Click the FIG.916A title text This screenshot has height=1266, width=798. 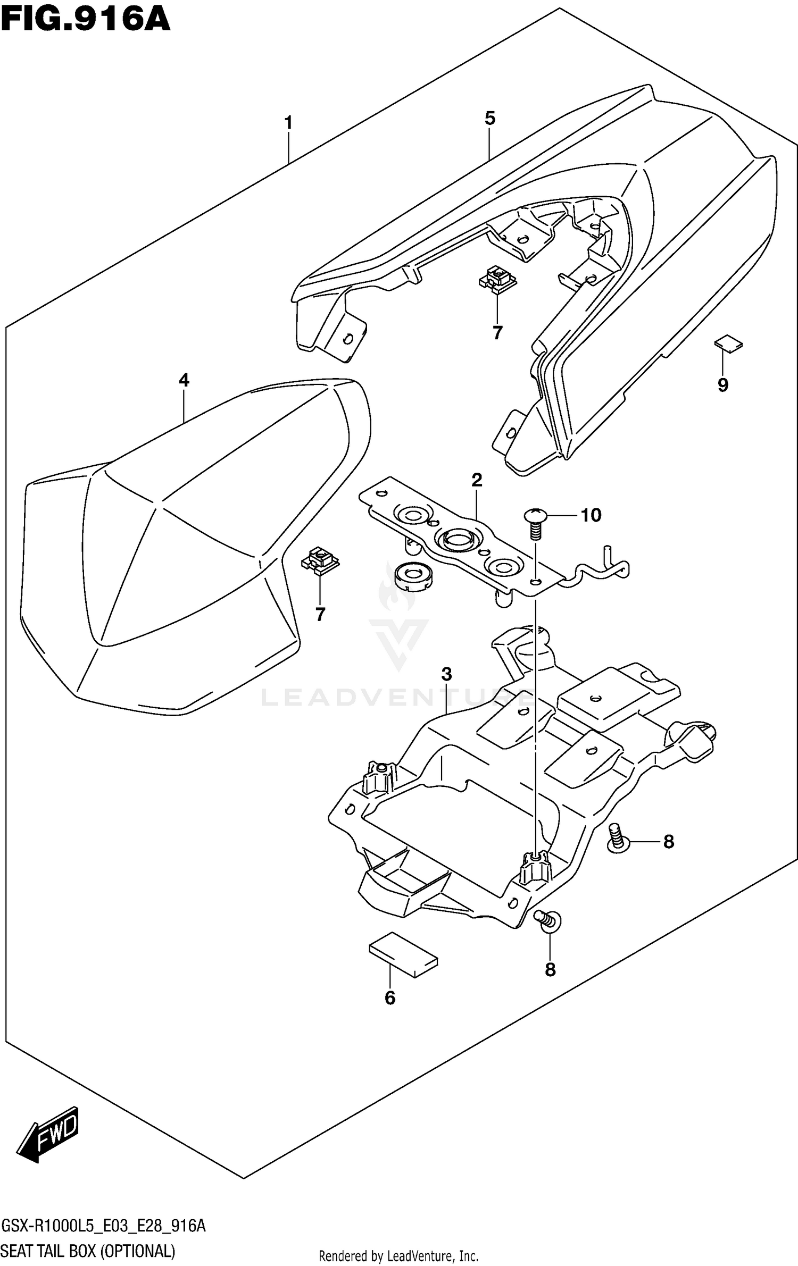(x=85, y=20)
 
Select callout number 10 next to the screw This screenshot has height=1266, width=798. (x=591, y=515)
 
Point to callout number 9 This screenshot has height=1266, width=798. (x=722, y=384)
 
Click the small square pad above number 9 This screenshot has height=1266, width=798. (x=728, y=343)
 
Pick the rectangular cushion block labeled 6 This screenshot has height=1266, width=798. (x=404, y=954)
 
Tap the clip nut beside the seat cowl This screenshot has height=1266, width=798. (x=320, y=561)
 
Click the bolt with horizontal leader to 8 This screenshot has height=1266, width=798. (x=618, y=839)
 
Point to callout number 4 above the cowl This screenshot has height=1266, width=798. (x=184, y=380)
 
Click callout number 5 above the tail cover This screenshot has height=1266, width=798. (x=490, y=118)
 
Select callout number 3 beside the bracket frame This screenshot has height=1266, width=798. (x=446, y=674)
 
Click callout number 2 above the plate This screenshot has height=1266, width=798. (x=477, y=480)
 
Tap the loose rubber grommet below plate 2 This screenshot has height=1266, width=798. (x=413, y=577)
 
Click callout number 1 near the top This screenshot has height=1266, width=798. (x=288, y=123)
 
